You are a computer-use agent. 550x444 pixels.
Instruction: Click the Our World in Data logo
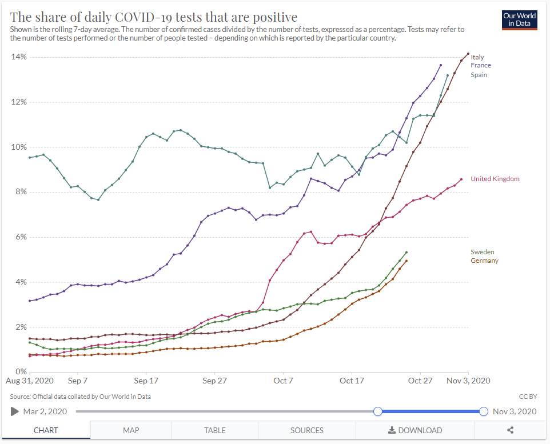[x=519, y=19]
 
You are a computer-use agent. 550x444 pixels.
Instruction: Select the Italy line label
[x=477, y=57]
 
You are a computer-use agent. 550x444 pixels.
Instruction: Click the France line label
[x=481, y=65]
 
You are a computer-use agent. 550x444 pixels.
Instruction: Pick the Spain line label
[x=479, y=75]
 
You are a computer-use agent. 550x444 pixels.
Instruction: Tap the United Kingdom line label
[x=495, y=179]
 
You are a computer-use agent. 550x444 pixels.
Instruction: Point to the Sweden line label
[x=483, y=252]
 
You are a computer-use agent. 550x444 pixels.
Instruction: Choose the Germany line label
[x=484, y=261]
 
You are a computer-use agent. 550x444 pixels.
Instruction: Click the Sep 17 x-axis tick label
[x=146, y=381]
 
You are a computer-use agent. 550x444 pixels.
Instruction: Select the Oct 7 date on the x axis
[x=283, y=381]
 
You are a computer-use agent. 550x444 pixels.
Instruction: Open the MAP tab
[x=131, y=430]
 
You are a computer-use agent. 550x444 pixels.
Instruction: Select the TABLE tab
[x=215, y=430]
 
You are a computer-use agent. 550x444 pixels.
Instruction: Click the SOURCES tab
[x=307, y=430]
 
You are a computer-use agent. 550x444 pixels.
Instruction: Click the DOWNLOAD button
[x=415, y=430]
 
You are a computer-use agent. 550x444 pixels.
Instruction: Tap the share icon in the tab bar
[x=511, y=430]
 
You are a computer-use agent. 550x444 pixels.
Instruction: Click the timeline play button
[x=15, y=411]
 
